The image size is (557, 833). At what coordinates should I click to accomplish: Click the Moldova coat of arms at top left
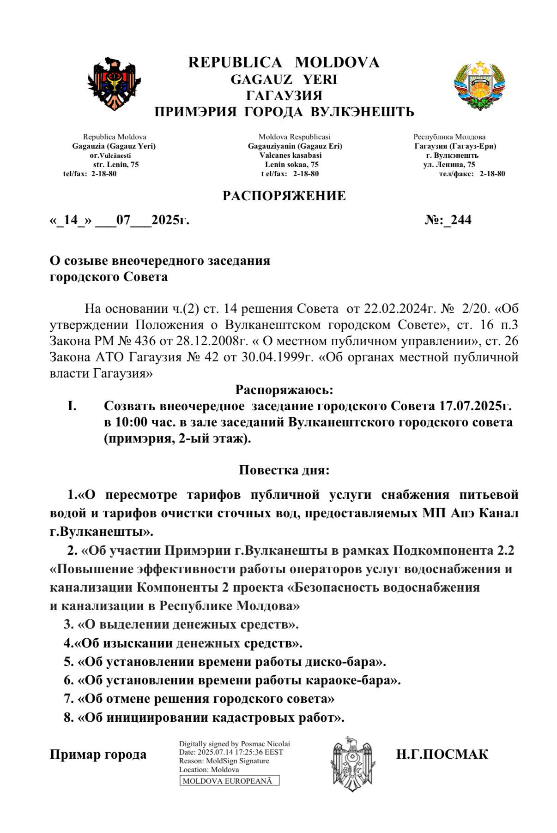click(114, 83)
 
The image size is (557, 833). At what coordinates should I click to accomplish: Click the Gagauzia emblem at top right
click(479, 84)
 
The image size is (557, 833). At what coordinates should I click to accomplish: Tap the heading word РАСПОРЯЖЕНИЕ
click(284, 196)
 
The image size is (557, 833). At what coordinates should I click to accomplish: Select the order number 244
click(461, 220)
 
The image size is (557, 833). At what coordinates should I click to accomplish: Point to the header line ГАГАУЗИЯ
click(284, 96)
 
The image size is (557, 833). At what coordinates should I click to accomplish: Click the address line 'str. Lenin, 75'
click(115, 164)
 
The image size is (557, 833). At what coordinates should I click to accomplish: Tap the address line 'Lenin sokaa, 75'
click(291, 164)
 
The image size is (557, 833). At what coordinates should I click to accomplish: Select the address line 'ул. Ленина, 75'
click(449, 164)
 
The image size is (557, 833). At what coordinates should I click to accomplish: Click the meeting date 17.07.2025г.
click(473, 406)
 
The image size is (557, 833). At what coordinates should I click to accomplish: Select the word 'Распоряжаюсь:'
click(284, 390)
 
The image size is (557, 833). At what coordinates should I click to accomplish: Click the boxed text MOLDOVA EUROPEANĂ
click(229, 781)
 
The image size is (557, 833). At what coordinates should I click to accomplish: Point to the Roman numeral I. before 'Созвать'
click(72, 406)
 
